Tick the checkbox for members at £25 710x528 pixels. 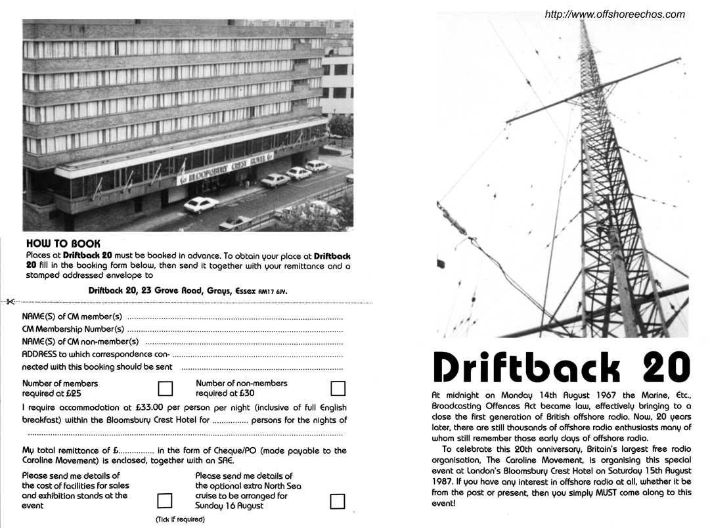point(166,388)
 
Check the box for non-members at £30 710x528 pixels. point(338,388)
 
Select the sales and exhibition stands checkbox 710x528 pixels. point(165,501)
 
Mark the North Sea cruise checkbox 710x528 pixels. point(338,501)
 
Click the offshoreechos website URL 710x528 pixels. point(615,14)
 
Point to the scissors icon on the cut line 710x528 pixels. point(10,302)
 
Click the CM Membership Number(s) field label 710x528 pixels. point(73,329)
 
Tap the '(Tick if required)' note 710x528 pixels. point(180,519)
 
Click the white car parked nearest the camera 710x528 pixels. point(201,205)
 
